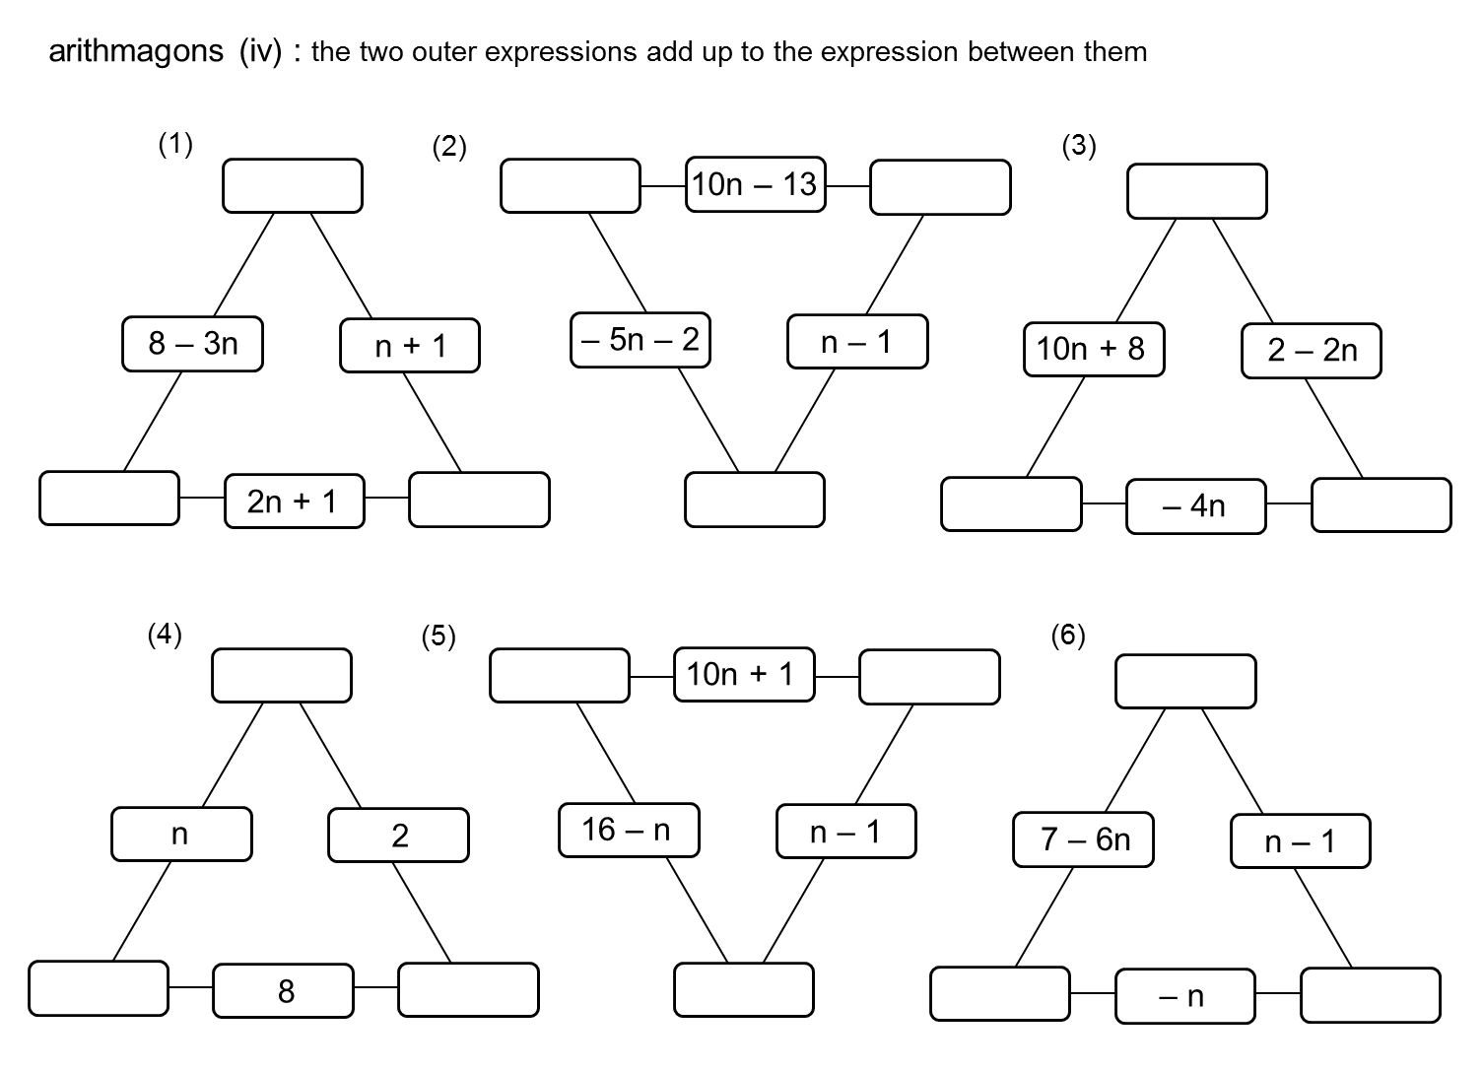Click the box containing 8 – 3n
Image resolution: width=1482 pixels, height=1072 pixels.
point(192,344)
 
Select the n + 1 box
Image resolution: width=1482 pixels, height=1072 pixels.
point(410,346)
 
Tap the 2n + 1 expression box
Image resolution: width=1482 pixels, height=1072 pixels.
point(294,502)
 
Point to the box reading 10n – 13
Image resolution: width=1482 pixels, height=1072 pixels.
point(755,184)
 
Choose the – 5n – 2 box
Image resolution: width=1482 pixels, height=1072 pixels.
point(640,340)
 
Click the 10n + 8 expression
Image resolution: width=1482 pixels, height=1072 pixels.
point(1093,349)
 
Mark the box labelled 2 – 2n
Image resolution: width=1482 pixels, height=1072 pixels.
point(1311,351)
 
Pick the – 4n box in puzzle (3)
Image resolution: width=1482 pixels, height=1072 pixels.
point(1195,506)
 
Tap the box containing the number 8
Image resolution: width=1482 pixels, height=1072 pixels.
point(284,990)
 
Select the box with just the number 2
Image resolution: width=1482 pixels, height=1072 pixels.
point(398,836)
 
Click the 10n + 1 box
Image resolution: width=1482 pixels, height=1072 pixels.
point(744,674)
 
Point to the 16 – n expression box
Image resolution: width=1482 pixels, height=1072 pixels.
point(629,831)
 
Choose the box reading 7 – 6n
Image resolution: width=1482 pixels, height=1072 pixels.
point(1083,839)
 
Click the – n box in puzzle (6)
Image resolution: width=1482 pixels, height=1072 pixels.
point(1184,996)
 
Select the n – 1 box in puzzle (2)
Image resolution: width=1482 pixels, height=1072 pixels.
point(857,342)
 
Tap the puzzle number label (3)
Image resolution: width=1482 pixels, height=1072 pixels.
point(1079,146)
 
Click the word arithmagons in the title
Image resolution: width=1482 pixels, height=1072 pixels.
point(136,51)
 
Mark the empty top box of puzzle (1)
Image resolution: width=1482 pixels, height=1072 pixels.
point(293,185)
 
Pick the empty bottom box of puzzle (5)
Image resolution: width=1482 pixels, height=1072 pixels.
point(744,989)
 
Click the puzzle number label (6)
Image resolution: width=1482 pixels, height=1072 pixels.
point(1068,636)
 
